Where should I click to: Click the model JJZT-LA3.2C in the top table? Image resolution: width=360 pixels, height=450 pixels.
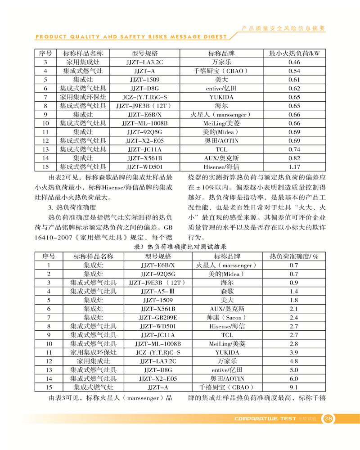coord(144,62)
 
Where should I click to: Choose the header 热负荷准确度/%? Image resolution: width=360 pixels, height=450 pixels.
coord(294,256)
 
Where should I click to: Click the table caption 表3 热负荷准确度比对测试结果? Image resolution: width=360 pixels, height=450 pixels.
coord(180,247)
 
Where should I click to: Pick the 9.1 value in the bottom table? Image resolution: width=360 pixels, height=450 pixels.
coord(294,387)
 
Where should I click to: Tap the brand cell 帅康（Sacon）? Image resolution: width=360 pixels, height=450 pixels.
coord(227,317)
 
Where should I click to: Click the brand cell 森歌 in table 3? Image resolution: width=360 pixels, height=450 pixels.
coord(227,291)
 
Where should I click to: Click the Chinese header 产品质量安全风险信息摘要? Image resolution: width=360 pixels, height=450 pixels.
coord(283,28)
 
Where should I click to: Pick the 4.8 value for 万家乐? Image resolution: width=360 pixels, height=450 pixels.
coord(294,361)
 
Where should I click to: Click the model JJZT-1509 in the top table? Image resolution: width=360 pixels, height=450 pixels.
coord(144,80)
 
